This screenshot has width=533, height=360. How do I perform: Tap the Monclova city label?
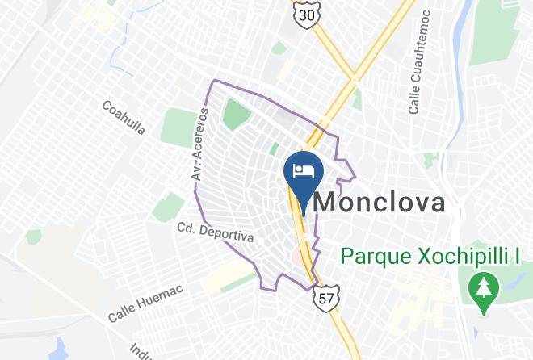point(379,202)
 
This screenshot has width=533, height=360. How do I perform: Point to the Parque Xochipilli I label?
point(430,257)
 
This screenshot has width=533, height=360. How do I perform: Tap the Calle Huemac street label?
point(147,301)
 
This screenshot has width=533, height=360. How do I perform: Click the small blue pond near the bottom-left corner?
point(58,349)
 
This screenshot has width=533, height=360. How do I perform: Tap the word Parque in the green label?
point(368,257)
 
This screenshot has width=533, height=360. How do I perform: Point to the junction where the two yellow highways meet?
point(353,80)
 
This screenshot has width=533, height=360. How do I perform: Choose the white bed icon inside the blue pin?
point(304,170)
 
